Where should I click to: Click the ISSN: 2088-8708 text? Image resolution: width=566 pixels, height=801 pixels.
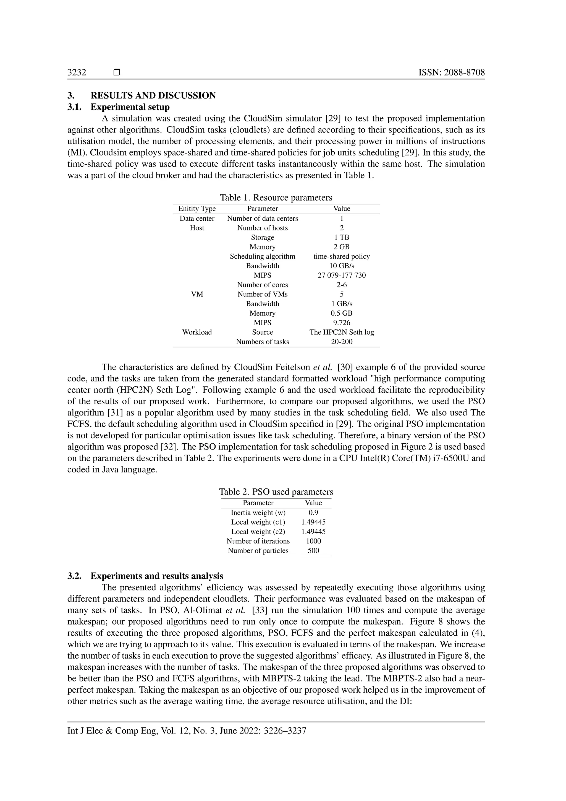point(452,72)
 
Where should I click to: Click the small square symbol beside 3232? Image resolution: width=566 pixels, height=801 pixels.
point(117,72)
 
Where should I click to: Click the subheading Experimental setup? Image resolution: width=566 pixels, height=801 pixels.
point(130,107)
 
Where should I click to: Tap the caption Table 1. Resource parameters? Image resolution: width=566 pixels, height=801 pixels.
point(276,197)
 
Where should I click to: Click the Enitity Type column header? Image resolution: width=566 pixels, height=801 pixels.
point(197,209)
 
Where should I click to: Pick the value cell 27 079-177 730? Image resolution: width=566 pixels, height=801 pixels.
point(342,275)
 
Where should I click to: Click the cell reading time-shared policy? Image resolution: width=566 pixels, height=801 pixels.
point(342,256)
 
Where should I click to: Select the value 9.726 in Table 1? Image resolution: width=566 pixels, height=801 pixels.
point(342,323)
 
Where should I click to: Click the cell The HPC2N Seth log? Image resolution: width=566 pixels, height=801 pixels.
point(342,332)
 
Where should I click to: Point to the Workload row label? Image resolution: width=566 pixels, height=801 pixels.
point(197,332)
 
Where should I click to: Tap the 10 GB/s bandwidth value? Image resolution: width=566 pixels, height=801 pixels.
point(342,266)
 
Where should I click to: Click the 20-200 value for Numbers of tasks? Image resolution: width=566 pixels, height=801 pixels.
point(342,342)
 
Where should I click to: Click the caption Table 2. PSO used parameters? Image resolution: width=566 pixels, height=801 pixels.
point(276,492)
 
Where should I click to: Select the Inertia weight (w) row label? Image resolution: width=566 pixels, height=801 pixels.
point(258,513)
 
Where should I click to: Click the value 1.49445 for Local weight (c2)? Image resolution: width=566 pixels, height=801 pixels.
point(313,532)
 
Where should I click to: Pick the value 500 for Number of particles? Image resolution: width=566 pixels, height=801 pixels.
point(313,550)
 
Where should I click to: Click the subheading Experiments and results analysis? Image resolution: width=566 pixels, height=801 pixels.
point(157,576)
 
